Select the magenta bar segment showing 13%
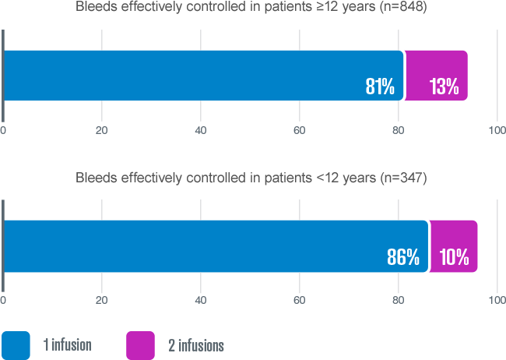pos(437,76)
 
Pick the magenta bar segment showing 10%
pos(454,246)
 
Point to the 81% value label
pos(380,86)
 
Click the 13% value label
pos(444,86)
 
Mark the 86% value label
pos(403,257)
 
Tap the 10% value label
pos(454,257)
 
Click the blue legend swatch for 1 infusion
pos(16,345)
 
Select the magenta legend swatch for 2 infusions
pos(140,345)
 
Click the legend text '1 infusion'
pos(67,345)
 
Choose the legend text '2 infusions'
pos(196,345)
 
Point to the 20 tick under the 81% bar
pos(101,129)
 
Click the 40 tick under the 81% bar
pos(200,129)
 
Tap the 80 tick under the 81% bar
pos(398,129)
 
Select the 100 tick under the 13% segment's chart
pos(496,129)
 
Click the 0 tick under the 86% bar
pos(3,300)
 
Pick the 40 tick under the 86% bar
pos(200,300)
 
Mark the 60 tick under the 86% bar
pos(299,300)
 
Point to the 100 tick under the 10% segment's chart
pos(496,300)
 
